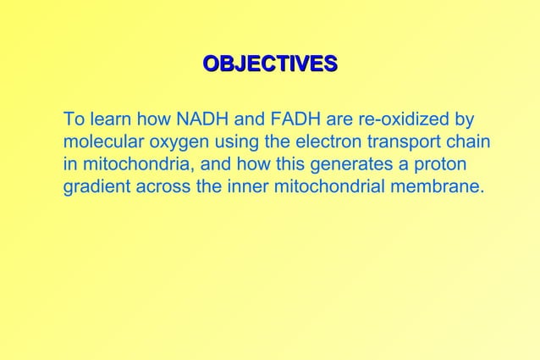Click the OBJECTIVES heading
coord(270,64)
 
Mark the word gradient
coord(95,186)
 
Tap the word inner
coord(249,186)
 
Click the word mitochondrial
coord(331,186)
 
